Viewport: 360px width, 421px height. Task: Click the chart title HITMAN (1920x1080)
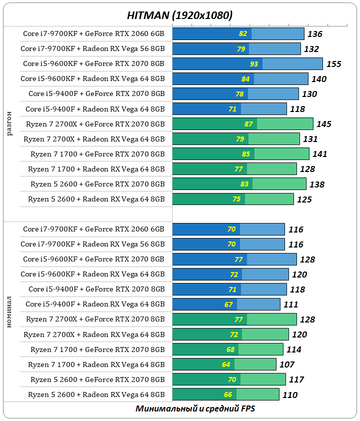(x=179, y=15)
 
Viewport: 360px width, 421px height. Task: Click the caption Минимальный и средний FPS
(x=195, y=408)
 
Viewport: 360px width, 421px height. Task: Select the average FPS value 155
(x=333, y=64)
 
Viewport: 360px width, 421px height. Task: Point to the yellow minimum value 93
(x=254, y=64)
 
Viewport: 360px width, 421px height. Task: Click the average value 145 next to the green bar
(x=324, y=124)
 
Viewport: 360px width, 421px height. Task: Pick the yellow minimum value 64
(x=226, y=364)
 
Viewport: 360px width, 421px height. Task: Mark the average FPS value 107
(x=287, y=364)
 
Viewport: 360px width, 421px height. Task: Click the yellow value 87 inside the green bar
(x=248, y=124)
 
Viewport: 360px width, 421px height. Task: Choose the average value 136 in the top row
(x=315, y=34)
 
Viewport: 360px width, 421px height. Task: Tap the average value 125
(x=304, y=199)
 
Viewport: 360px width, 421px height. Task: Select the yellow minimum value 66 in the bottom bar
(x=228, y=394)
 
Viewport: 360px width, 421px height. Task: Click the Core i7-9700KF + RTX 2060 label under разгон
(x=93, y=34)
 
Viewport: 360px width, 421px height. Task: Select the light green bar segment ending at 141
(x=281, y=154)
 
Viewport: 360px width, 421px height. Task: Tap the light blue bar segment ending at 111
(x=258, y=304)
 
